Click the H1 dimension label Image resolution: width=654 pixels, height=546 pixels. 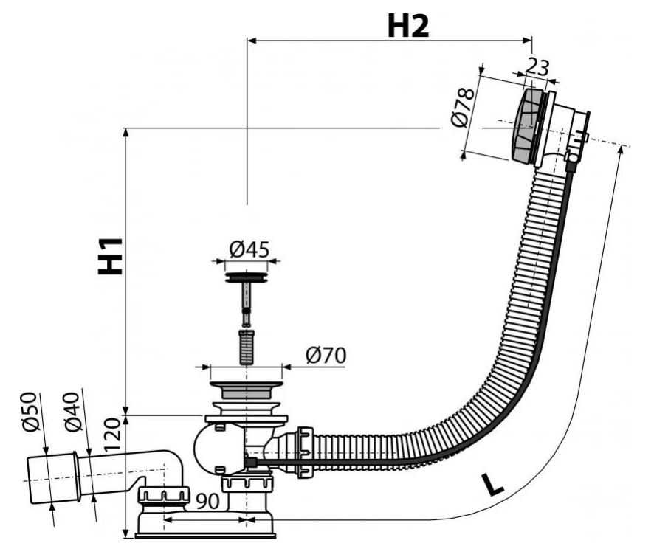(x=111, y=255)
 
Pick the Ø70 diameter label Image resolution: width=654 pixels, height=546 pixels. (x=325, y=356)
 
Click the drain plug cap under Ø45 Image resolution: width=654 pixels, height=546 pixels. (x=246, y=278)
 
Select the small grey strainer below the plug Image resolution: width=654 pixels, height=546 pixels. (x=246, y=347)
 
